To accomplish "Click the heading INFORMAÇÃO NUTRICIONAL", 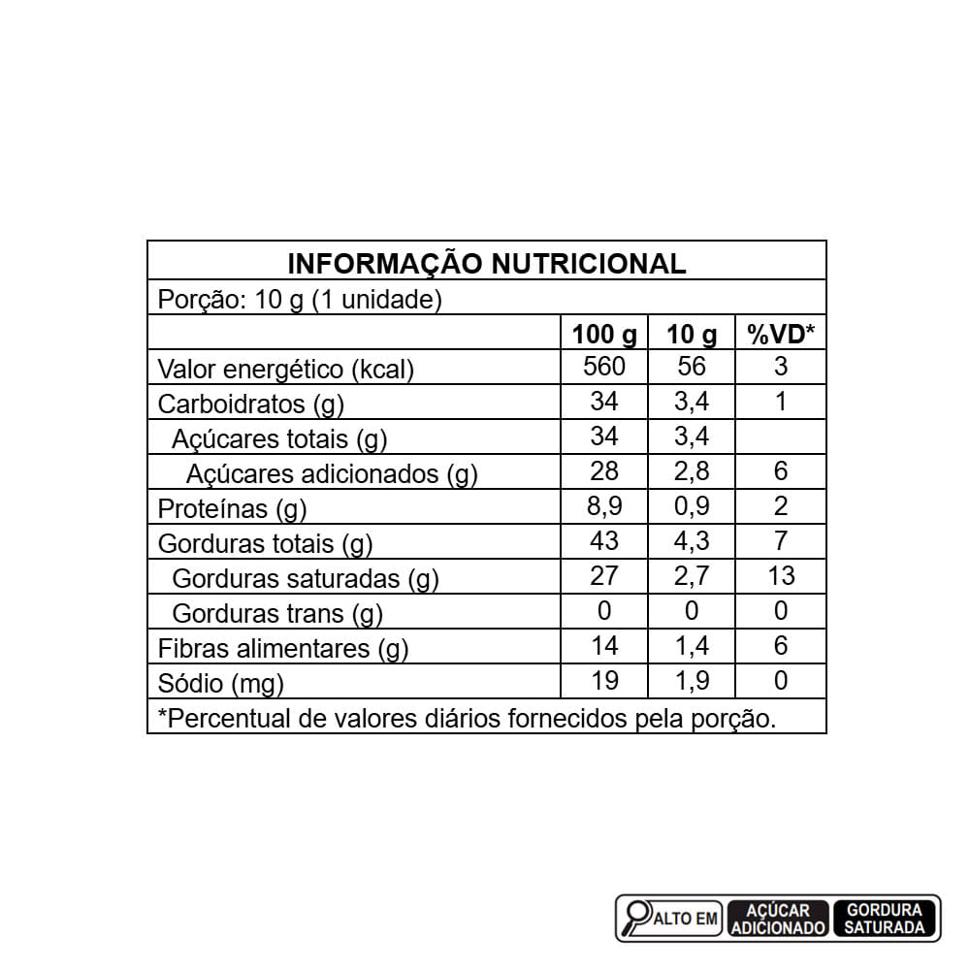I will [x=487, y=263].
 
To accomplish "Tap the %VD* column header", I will [x=781, y=335].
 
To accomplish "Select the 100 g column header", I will [x=604, y=335].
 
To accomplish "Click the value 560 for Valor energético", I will [x=604, y=367].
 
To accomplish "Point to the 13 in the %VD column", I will [x=781, y=576].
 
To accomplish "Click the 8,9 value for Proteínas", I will [x=604, y=506].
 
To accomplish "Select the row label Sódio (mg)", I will [x=221, y=683].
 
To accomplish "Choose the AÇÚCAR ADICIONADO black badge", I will [x=778, y=919].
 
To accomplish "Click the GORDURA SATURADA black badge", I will [x=884, y=919].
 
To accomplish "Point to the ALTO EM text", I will [x=688, y=919].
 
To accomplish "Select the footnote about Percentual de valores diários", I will [x=467, y=719].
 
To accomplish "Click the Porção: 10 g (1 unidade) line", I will [x=301, y=300].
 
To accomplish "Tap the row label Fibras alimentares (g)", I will [x=283, y=649].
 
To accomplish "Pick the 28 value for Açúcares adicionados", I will [x=604, y=471].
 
